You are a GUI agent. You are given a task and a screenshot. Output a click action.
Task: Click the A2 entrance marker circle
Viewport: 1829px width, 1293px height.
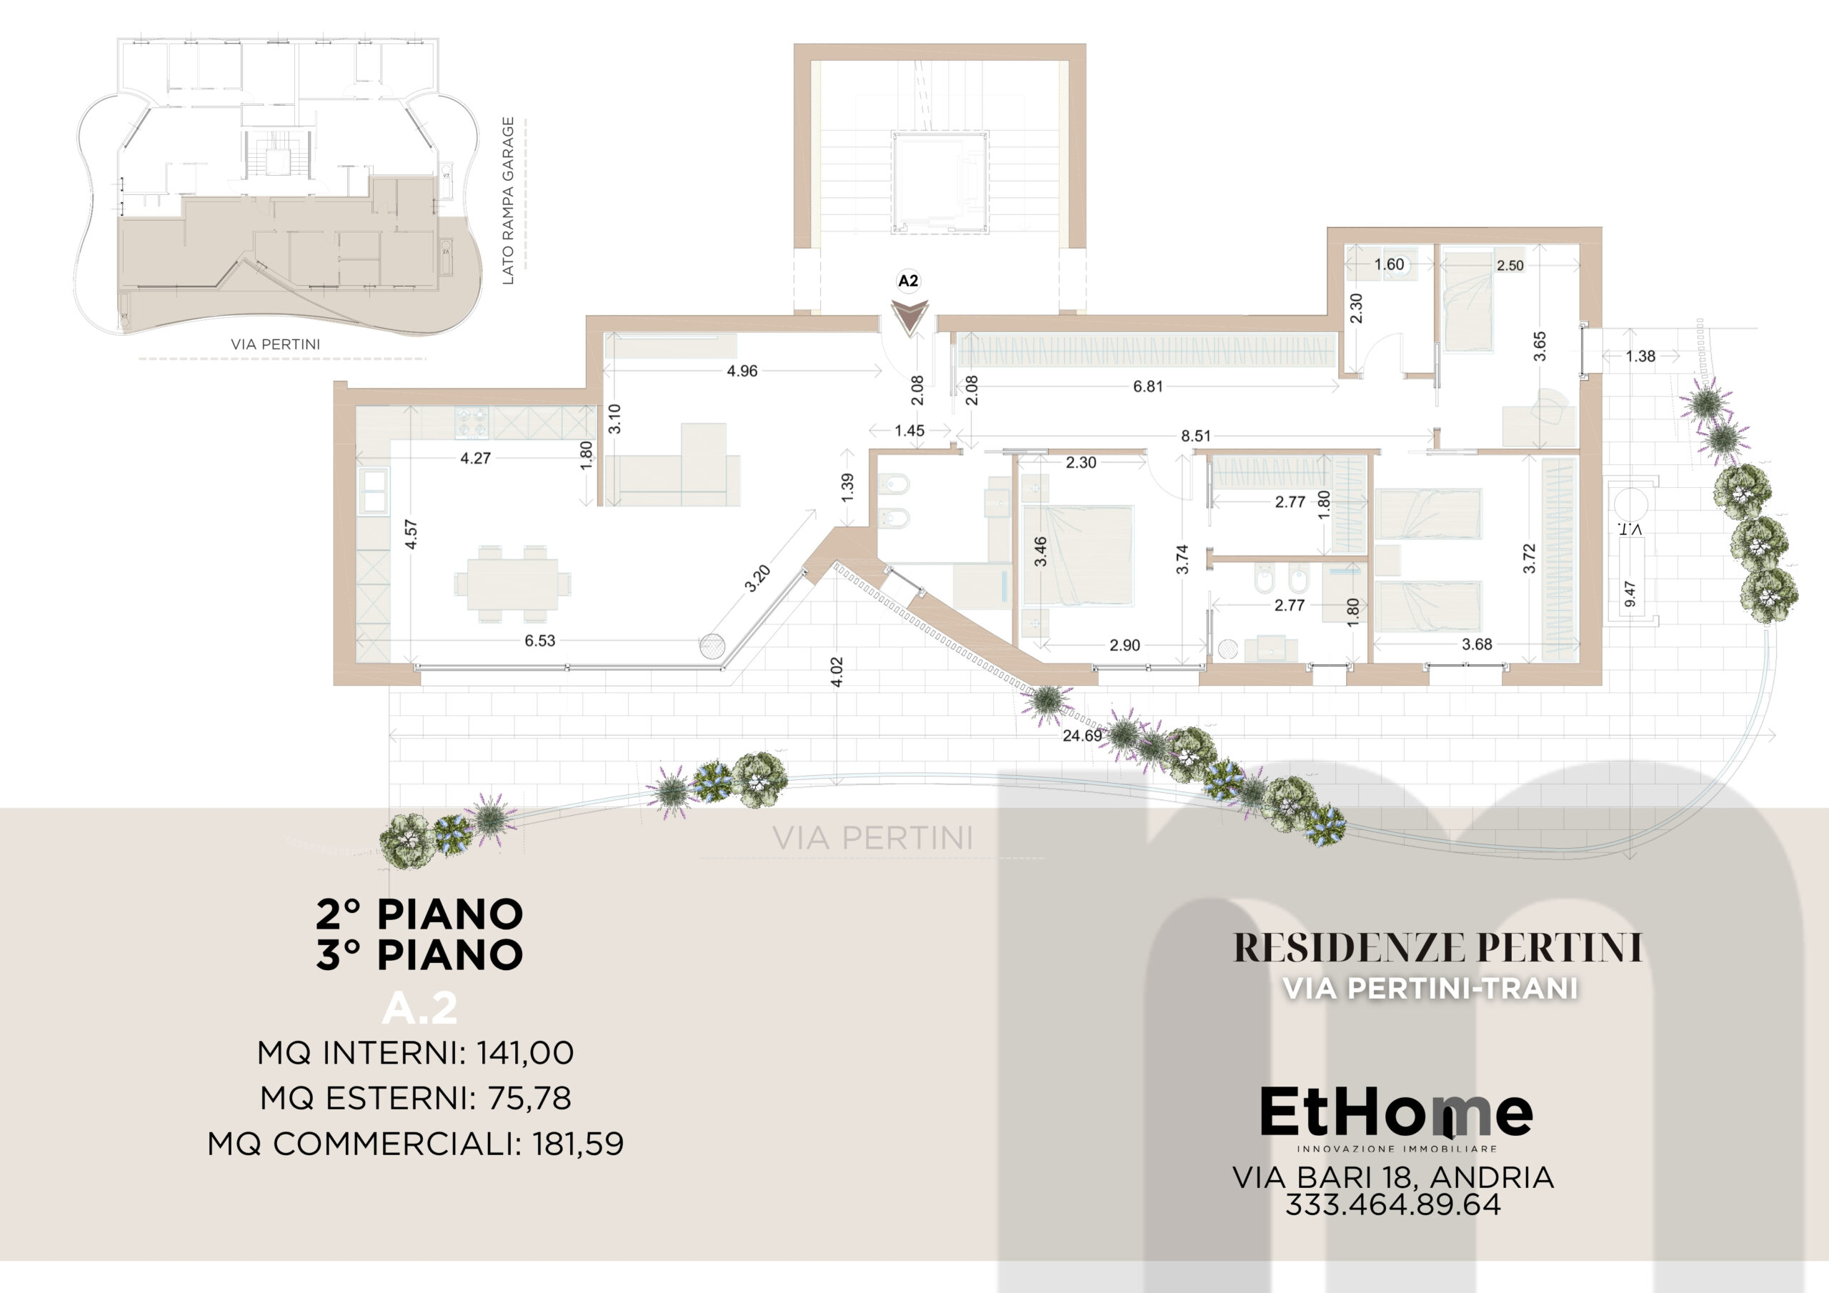[x=908, y=281]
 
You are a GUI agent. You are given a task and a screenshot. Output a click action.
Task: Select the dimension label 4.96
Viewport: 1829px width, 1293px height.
[x=742, y=371]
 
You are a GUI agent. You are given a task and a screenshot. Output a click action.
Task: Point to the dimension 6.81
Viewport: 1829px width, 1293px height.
[x=1148, y=386]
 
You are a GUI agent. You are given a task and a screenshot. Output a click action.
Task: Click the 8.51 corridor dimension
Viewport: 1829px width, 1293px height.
[x=1196, y=436]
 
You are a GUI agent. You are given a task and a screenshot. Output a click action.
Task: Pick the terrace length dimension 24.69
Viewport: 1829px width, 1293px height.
[x=1082, y=735]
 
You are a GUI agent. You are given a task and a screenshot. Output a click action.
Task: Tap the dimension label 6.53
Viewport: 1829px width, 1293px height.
[x=539, y=641]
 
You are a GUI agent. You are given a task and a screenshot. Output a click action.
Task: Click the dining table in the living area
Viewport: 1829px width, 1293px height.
[x=512, y=583]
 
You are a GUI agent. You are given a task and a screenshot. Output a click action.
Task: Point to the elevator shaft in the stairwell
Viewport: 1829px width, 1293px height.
[x=940, y=182]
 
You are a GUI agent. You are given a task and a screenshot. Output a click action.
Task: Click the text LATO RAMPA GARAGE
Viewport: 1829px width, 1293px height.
[x=508, y=201]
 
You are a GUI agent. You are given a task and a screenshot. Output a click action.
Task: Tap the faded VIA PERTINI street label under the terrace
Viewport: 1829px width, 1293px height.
[x=873, y=837]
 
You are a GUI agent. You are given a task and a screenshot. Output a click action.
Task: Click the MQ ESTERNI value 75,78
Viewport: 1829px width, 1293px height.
[x=529, y=1099]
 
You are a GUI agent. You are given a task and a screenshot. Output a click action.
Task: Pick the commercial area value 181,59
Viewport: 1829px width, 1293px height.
[x=578, y=1144]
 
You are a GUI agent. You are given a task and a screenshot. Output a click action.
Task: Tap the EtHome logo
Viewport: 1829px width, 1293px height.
[x=1395, y=1118]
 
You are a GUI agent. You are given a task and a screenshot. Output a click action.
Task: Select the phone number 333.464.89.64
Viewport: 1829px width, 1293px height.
[x=1392, y=1204]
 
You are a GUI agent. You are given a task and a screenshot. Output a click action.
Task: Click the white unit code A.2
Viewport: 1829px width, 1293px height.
[x=420, y=1009]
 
